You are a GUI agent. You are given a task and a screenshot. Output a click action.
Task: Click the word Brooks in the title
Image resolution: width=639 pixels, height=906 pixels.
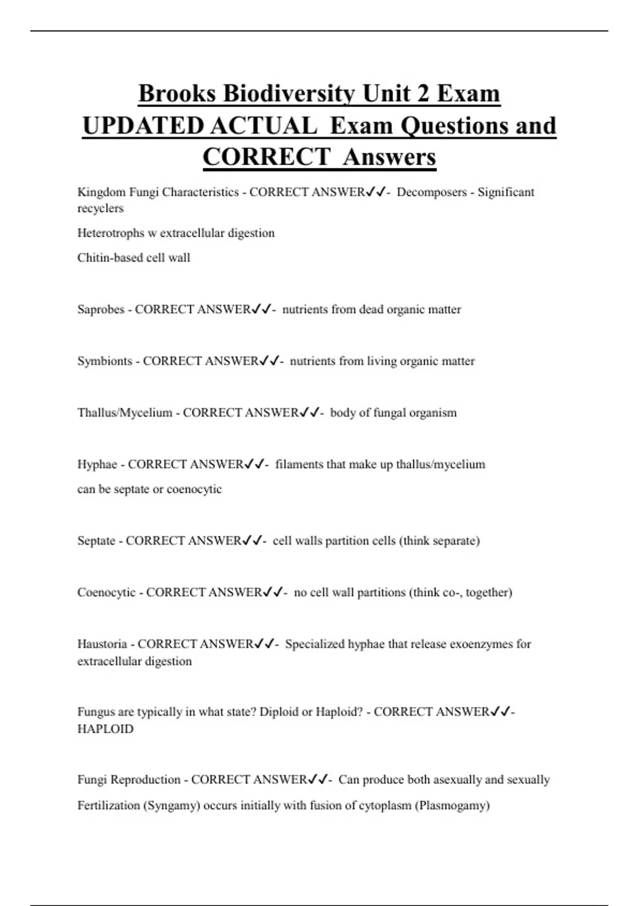177,94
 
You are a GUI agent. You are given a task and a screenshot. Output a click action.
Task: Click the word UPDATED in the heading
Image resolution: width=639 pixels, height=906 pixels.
143,126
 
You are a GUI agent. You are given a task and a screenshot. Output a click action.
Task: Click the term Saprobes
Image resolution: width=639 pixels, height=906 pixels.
101,310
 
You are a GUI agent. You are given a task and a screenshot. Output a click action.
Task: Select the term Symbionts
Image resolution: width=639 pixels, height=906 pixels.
104,361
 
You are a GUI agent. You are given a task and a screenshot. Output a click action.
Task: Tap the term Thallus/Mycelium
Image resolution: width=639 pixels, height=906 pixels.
125,413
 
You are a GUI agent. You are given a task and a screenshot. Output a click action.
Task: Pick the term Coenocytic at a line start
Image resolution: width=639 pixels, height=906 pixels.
106,593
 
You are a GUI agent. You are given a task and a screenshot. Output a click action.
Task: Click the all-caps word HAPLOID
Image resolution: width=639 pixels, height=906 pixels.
105,729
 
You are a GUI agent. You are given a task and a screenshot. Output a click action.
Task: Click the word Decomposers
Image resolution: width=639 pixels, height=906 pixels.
431,192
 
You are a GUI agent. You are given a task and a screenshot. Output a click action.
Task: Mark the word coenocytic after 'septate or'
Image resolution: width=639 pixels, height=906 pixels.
194,489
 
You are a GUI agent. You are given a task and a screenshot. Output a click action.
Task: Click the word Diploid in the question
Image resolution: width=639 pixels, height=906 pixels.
278,712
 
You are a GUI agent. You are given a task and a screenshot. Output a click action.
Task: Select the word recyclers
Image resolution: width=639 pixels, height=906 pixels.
100,208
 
